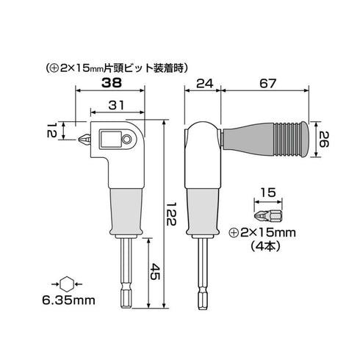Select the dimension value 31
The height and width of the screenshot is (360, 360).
(x=115, y=107)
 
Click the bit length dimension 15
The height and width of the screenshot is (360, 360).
(x=269, y=195)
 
